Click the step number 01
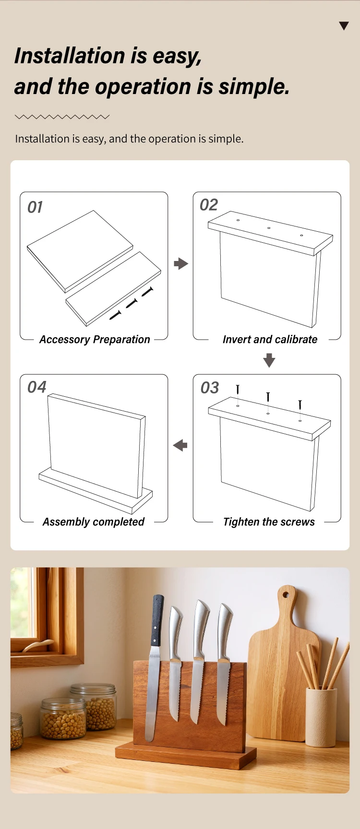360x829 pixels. click(35, 207)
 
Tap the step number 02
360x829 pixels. click(209, 205)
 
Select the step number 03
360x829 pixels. click(210, 388)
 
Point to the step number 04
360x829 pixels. click(37, 387)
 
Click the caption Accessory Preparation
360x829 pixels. click(95, 340)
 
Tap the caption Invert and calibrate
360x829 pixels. click(270, 340)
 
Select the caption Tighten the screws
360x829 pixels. click(269, 522)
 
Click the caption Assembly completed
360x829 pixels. click(94, 522)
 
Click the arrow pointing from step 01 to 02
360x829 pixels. click(180, 263)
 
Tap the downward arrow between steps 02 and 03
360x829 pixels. click(269, 360)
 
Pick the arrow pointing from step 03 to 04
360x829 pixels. click(180, 445)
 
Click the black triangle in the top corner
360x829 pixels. click(344, 26)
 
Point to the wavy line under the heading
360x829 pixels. click(62, 117)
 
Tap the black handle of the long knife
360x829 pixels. click(157, 620)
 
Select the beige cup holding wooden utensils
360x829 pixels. click(321, 718)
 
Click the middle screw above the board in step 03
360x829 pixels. click(268, 397)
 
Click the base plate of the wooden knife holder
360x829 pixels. click(186, 755)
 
